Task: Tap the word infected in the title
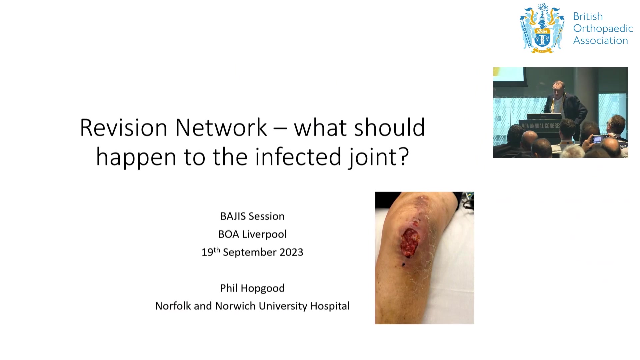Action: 298,157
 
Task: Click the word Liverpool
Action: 264,234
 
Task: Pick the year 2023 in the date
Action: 291,252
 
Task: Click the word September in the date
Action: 250,253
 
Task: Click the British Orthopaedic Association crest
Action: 542,28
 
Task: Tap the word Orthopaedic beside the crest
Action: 603,29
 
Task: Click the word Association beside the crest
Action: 601,41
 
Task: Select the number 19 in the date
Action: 207,252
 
